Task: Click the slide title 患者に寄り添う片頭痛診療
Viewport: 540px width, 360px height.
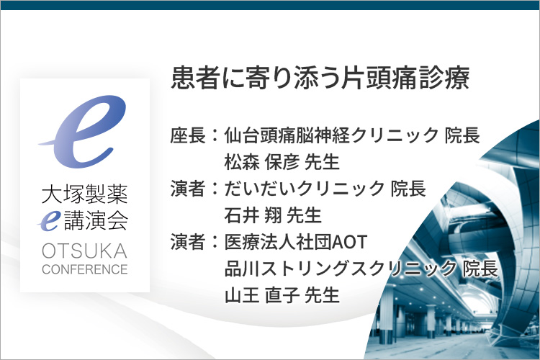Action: coord(320,78)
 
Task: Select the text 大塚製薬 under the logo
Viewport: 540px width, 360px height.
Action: coord(85,194)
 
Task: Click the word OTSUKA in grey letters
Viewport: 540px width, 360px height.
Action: coord(85,251)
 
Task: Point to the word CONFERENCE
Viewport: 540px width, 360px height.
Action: coord(85,269)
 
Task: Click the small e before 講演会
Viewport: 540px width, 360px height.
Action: coord(49,220)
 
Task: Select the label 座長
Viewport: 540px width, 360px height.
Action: coord(188,135)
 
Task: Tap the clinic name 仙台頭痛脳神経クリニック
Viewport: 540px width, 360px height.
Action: coord(331,135)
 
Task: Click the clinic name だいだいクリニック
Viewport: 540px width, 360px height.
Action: coord(305,189)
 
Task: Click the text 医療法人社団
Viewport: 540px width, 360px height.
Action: coord(278,242)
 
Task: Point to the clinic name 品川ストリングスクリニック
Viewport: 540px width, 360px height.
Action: coord(341,269)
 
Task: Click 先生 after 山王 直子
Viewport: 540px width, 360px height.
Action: coord(323,295)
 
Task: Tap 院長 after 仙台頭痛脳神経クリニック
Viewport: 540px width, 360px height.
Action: coord(462,135)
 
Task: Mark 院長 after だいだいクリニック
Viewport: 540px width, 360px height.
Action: coord(408,189)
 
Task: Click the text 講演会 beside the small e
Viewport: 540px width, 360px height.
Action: coord(96,220)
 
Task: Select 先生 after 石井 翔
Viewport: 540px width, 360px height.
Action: coord(305,215)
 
